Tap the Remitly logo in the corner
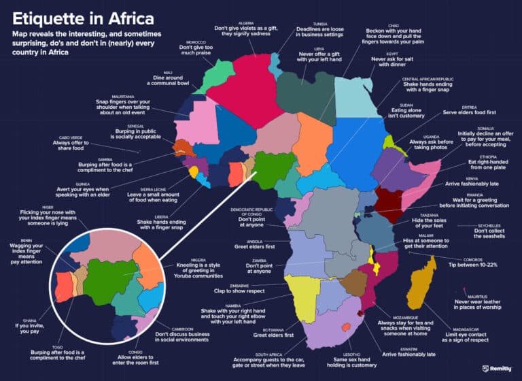tap(500, 368)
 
